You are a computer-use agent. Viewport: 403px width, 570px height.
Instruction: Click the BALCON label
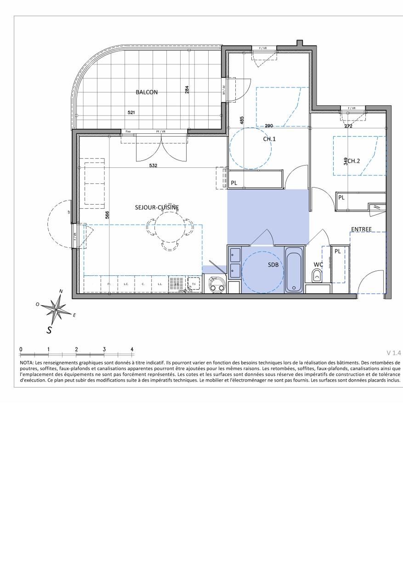pos(147,92)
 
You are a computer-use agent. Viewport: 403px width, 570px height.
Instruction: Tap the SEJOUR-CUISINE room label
pos(157,207)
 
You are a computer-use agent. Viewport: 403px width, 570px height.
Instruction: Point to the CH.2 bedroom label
pos(354,161)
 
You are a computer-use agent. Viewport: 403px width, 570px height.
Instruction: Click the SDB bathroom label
pos(274,265)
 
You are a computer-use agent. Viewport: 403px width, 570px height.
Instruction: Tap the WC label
pos(318,265)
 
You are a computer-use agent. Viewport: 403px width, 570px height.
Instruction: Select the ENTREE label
pos(361,229)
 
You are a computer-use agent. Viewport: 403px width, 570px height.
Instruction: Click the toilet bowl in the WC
pos(317,276)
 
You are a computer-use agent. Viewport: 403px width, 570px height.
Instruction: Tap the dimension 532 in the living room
pos(153,165)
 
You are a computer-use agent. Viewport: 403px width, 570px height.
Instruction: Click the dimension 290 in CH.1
pos(269,125)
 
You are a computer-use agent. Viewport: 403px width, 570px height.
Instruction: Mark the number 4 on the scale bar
pos(132,349)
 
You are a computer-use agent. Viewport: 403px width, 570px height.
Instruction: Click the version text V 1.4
pos(394,353)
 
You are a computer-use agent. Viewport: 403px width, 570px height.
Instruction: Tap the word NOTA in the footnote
pos(27,363)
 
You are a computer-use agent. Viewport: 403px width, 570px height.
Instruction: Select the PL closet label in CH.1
pos(234,182)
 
